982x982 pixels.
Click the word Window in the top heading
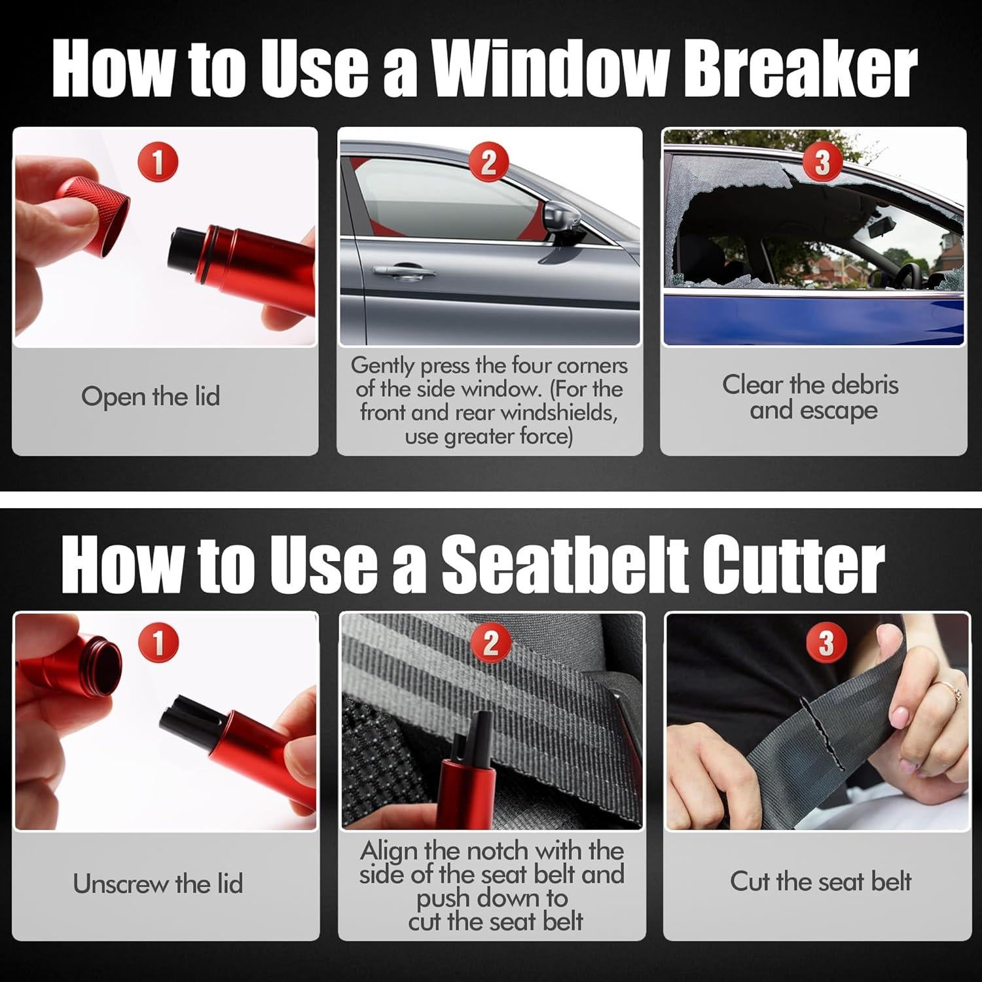pyautogui.click(x=549, y=69)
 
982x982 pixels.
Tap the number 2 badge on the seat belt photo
pyautogui.click(x=491, y=642)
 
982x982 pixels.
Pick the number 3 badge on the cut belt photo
pyautogui.click(x=826, y=642)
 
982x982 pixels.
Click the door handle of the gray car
pyautogui.click(x=404, y=270)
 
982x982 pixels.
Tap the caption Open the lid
pyautogui.click(x=151, y=397)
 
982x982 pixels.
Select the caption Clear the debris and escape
pyautogui.click(x=810, y=397)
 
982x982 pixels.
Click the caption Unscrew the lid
pyautogui.click(x=158, y=884)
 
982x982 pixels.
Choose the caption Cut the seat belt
pyautogui.click(x=820, y=882)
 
